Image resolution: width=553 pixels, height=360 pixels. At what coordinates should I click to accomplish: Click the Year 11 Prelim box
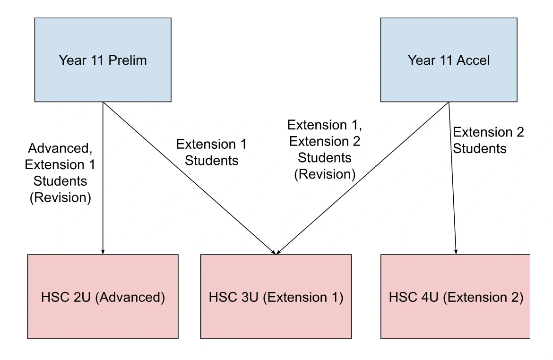(103, 60)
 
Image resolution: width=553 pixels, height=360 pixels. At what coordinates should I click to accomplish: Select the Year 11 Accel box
(449, 60)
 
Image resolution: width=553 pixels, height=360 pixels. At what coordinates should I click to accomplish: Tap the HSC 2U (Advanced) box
(103, 297)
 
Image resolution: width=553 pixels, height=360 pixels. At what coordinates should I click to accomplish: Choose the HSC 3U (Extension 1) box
(276, 297)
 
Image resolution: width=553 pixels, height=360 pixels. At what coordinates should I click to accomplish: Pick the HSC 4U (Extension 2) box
(455, 297)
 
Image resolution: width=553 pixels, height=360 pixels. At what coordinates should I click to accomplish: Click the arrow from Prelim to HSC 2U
(103, 178)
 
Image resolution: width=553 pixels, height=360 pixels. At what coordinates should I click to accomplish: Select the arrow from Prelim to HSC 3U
(189, 178)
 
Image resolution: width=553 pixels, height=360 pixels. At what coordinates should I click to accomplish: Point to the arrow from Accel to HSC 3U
(363, 178)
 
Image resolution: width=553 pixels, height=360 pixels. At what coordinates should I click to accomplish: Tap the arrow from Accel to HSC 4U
(452, 178)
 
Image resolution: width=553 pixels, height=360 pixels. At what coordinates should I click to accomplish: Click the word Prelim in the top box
(127, 60)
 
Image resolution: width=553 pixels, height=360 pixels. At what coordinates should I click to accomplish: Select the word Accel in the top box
(473, 60)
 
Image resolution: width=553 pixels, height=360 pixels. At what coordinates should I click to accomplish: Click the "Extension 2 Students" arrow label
(488, 140)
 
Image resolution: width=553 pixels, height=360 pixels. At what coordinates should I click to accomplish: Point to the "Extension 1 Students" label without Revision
(212, 152)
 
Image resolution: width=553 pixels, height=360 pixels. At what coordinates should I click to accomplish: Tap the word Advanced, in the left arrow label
(60, 148)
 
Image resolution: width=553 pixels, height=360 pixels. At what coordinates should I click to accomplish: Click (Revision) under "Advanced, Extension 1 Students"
(60, 197)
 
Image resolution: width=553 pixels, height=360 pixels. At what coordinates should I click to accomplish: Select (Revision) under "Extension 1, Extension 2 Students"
(325, 174)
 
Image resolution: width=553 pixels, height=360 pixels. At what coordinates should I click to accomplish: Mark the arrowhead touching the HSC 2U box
(103, 252)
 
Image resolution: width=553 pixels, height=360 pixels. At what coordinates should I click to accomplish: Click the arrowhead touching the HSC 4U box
(456, 252)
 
